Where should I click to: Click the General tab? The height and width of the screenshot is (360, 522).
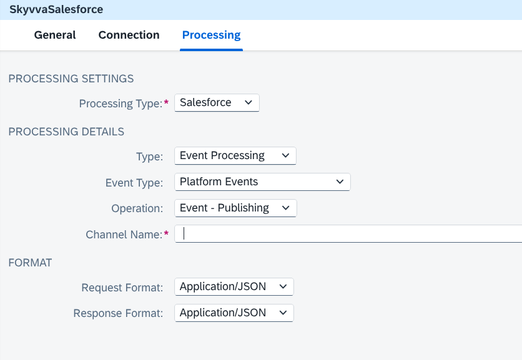(x=55, y=35)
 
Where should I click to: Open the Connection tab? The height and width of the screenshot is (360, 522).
(x=129, y=35)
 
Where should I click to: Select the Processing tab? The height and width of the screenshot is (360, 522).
(x=212, y=35)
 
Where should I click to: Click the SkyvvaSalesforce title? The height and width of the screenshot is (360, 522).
(x=56, y=9)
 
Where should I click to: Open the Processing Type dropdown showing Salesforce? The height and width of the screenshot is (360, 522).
(x=217, y=103)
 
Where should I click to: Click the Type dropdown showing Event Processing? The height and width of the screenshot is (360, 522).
(x=235, y=156)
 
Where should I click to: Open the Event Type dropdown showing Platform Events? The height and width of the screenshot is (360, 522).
(x=262, y=182)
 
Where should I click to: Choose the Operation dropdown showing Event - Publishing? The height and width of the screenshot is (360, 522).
(x=235, y=208)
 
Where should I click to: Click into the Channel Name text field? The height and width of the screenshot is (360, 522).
(x=348, y=234)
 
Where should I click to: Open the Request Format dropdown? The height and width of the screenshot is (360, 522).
(x=234, y=287)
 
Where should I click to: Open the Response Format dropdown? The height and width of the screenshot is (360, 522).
(x=234, y=313)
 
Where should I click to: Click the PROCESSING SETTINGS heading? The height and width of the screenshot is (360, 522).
(x=71, y=79)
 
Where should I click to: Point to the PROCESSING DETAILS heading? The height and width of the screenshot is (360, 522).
(x=66, y=132)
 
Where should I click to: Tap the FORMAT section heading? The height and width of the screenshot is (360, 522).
(x=30, y=263)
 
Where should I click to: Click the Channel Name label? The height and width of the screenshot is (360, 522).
(x=124, y=235)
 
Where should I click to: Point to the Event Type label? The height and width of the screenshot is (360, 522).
(x=134, y=183)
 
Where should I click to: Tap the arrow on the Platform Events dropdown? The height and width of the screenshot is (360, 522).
(x=340, y=182)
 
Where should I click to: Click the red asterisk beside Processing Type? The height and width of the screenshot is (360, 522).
(x=167, y=102)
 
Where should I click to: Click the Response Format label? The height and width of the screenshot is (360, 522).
(x=118, y=313)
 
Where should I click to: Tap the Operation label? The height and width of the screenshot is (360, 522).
(x=137, y=208)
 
